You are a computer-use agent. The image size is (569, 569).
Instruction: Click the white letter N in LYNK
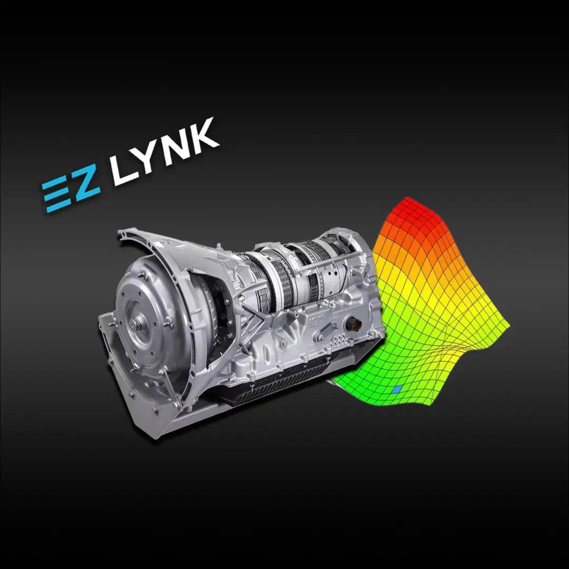[x=178, y=144]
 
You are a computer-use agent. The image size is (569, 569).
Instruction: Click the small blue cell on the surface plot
[x=397, y=390]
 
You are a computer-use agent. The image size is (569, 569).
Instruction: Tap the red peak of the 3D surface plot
[x=406, y=211]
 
